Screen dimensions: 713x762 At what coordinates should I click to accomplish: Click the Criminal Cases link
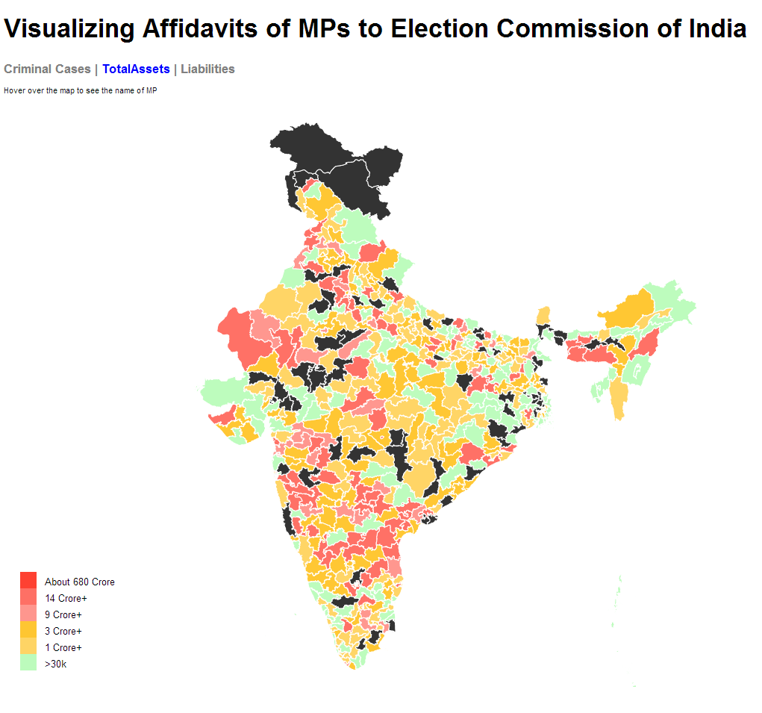tap(46, 69)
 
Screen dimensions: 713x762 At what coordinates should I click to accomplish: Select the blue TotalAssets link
tap(136, 69)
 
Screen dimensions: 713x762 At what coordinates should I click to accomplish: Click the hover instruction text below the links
tap(80, 91)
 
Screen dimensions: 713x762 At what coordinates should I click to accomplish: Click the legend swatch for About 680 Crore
tap(28, 580)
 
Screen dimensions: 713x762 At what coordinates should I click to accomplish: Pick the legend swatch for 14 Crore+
tap(28, 597)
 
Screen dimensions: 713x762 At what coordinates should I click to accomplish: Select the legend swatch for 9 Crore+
tap(28, 613)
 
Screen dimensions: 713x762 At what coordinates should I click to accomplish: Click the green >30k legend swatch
tap(28, 662)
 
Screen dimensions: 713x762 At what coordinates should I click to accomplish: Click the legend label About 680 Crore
tap(79, 582)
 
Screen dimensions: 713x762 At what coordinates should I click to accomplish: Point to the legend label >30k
tap(55, 664)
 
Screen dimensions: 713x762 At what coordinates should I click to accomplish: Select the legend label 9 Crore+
tap(63, 614)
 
